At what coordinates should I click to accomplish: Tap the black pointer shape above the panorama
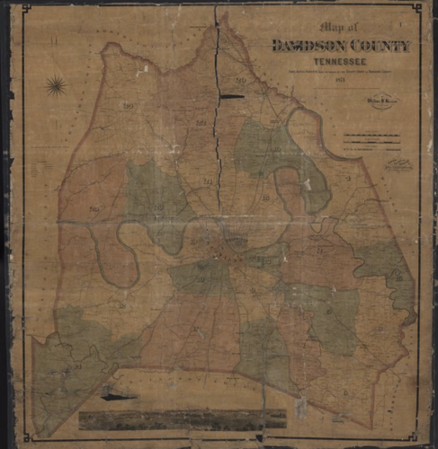[118, 395]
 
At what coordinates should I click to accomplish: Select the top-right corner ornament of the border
[416, 8]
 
